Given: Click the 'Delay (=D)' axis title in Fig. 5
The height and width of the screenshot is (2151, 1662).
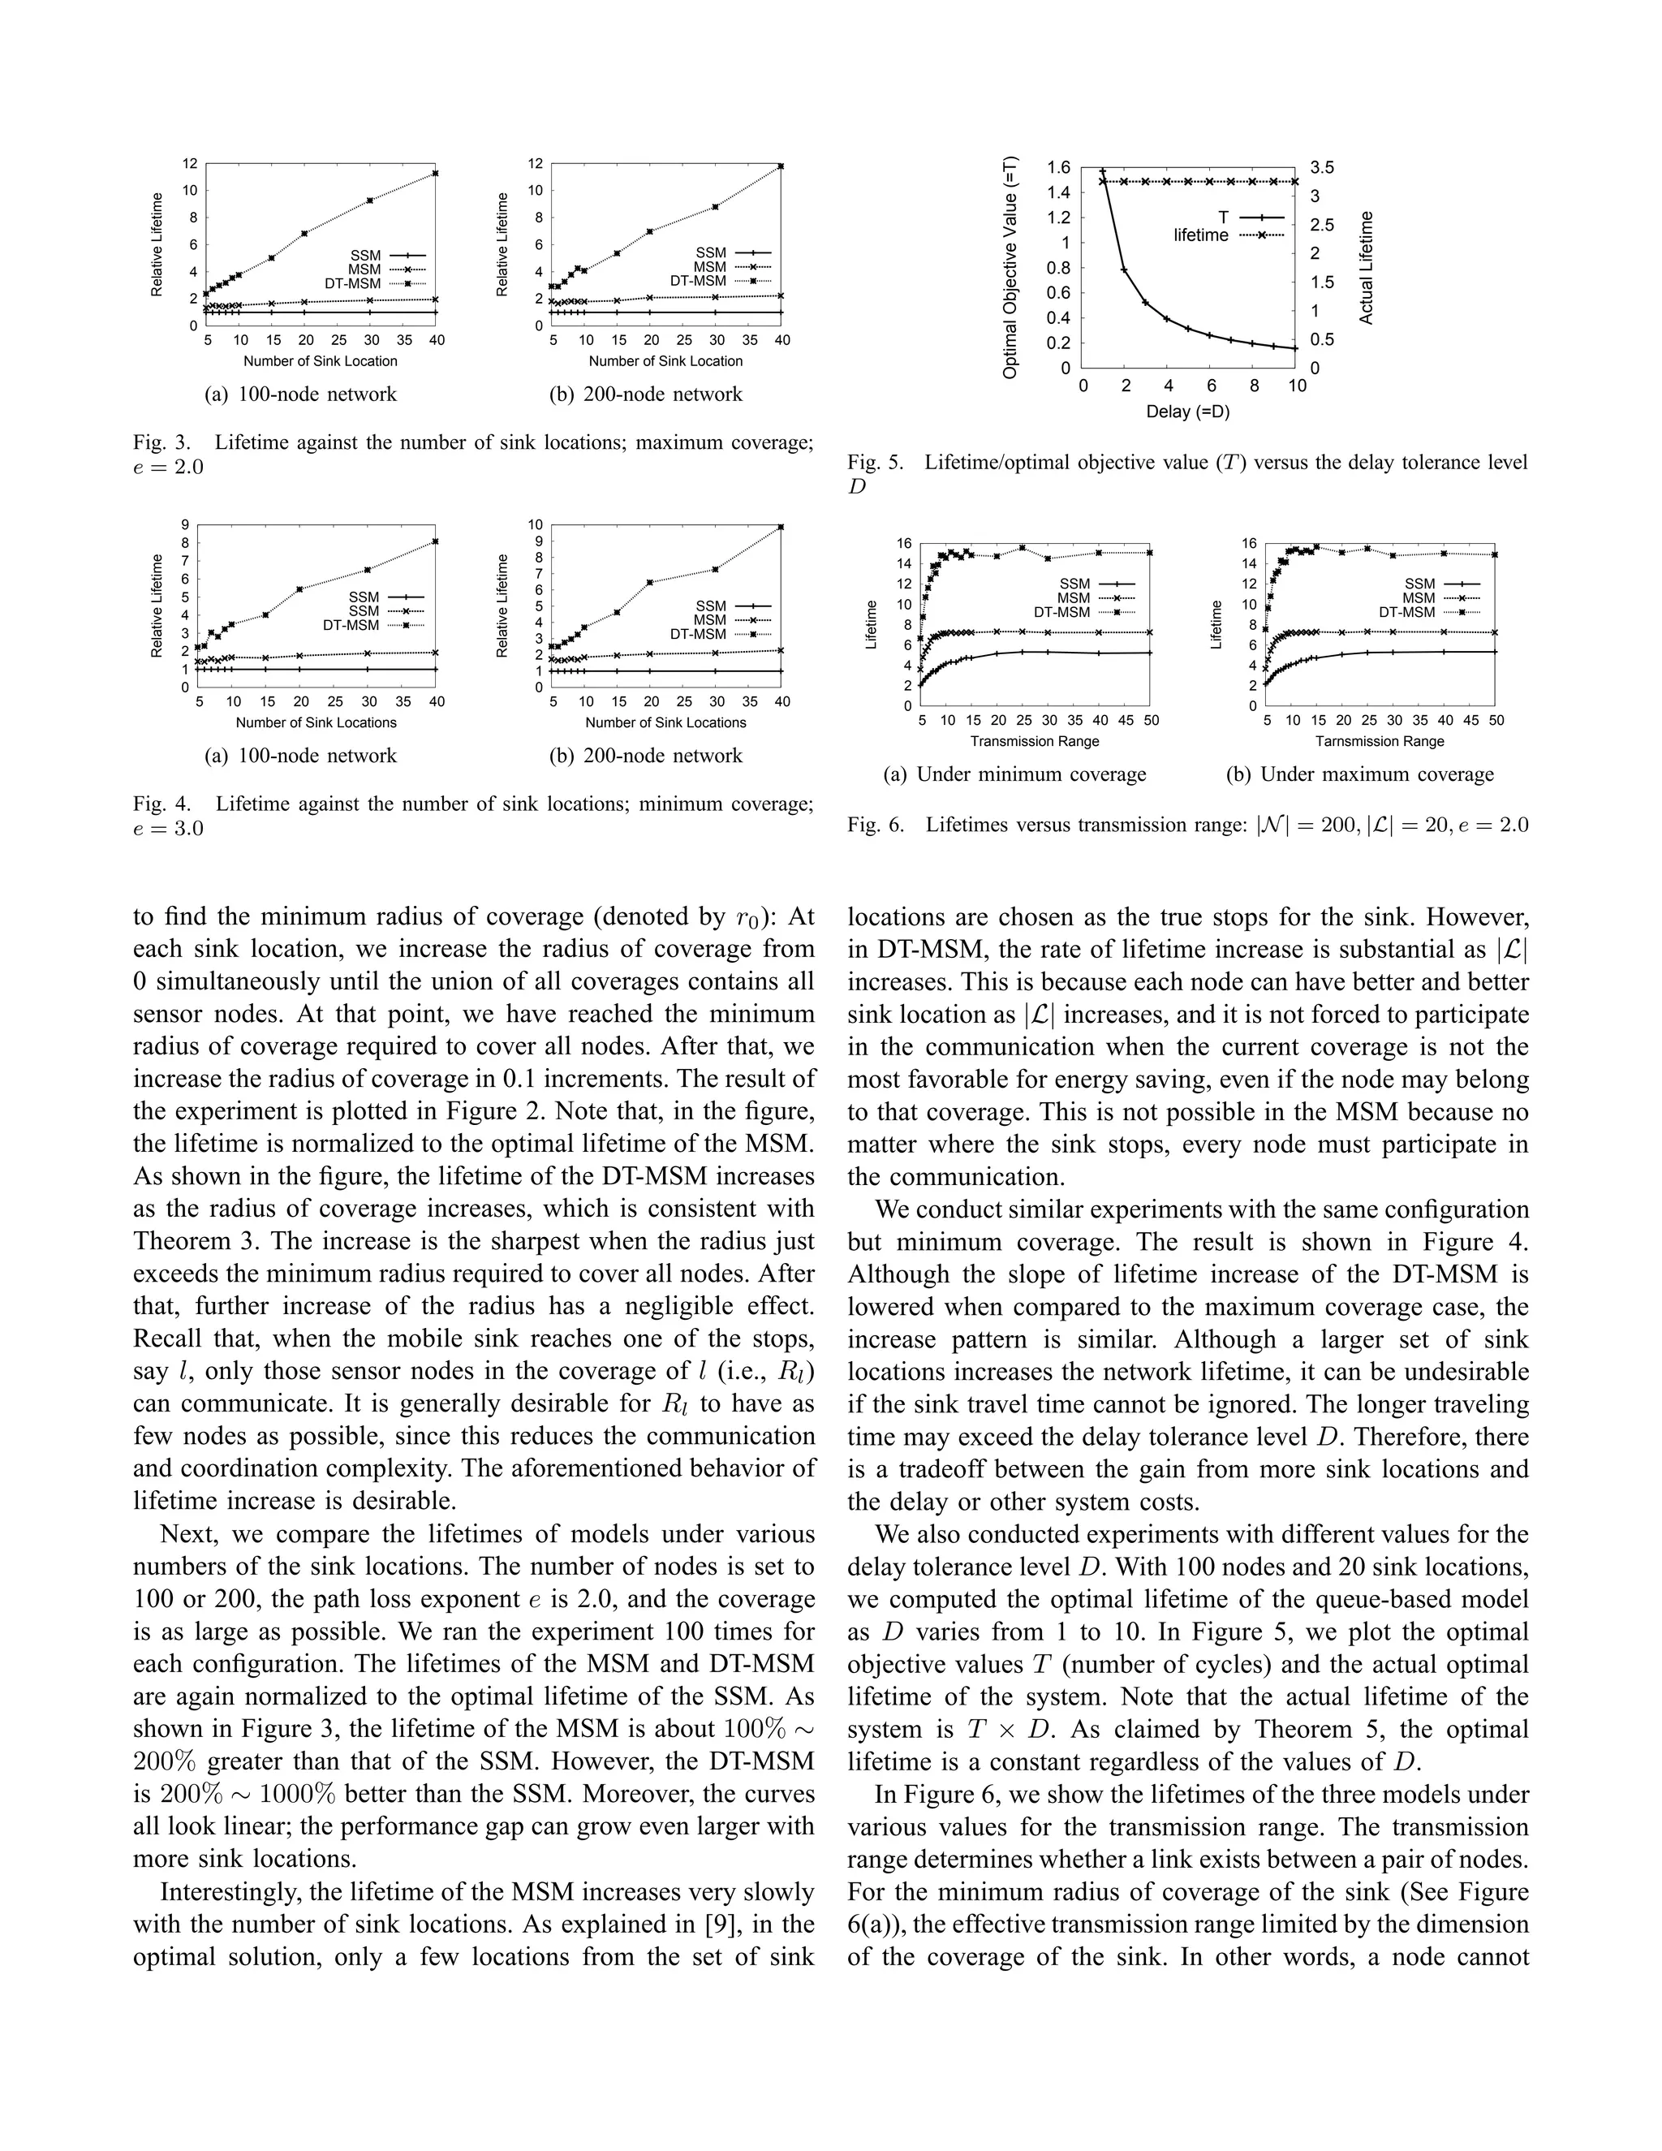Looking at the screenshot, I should click(x=1187, y=412).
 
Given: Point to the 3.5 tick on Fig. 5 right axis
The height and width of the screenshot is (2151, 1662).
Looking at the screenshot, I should click(x=1321, y=167).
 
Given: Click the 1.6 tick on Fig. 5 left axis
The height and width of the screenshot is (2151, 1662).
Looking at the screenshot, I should click(x=1058, y=167).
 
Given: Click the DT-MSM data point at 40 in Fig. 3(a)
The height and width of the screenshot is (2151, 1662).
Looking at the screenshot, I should click(x=436, y=174).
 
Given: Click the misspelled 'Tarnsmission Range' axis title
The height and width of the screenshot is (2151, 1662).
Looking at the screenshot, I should click(x=1380, y=742).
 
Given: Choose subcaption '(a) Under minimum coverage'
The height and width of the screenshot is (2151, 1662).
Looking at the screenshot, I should click(x=1015, y=774).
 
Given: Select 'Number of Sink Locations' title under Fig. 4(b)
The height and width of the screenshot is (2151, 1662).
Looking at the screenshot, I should click(x=665, y=723).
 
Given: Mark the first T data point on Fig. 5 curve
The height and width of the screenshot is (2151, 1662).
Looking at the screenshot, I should click(x=1103, y=171).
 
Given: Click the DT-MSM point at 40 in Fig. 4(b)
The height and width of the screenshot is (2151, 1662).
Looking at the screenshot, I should click(x=781, y=527).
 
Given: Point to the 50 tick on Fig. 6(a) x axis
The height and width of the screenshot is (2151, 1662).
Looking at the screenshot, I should click(x=1150, y=721).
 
